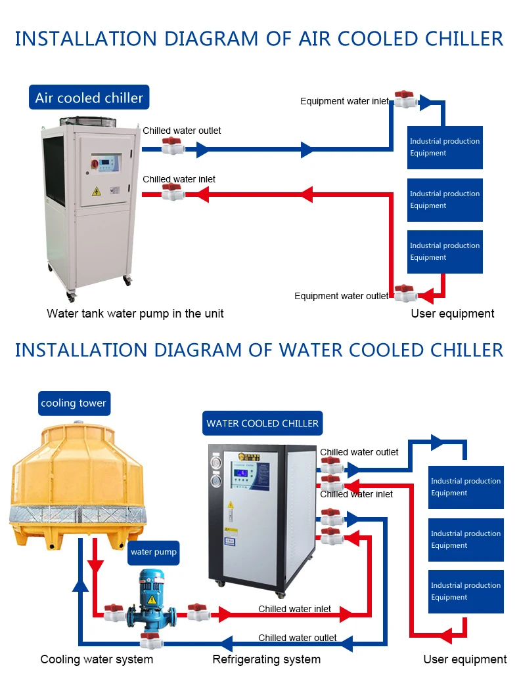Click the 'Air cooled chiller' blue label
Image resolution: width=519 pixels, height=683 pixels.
(89, 98)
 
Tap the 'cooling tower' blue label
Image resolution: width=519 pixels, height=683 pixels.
(73, 403)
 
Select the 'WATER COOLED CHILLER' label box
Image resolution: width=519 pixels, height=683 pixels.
(262, 423)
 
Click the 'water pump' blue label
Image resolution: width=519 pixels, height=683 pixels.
(154, 552)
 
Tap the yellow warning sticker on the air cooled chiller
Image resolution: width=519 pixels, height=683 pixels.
(97, 191)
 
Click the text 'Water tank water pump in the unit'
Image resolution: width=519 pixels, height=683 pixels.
(135, 314)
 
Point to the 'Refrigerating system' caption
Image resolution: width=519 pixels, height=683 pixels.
(266, 659)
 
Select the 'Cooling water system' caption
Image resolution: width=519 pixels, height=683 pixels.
(97, 659)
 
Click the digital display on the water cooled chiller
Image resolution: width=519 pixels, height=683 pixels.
(242, 473)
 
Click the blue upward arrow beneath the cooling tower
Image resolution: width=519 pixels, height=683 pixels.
(80, 583)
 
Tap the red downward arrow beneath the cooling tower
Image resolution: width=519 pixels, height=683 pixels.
(96, 566)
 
